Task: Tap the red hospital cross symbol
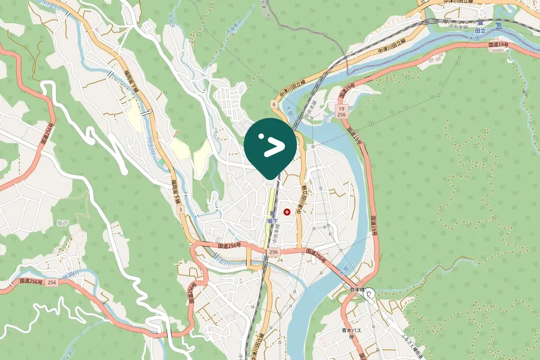(287, 211)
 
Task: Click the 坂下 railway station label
(273, 221)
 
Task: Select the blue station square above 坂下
(272, 214)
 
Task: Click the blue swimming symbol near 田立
(498, 26)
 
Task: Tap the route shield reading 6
(273, 105)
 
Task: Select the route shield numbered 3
(180, 210)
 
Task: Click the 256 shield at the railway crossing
(274, 252)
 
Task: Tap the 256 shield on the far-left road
(52, 283)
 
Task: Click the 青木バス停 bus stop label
(352, 334)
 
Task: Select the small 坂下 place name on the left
(63, 223)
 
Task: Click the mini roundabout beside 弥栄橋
(369, 293)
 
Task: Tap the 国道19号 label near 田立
(498, 45)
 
